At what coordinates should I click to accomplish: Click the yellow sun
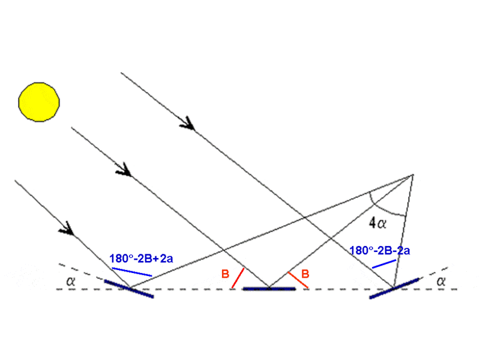(x=39, y=102)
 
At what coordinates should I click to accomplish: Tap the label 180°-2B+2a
(x=141, y=259)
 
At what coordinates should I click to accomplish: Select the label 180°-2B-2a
(x=379, y=251)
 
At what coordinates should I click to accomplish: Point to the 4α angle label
(x=377, y=223)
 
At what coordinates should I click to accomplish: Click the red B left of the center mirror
(x=226, y=274)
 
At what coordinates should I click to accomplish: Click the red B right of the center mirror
(x=305, y=274)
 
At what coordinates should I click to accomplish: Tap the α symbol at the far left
(x=71, y=281)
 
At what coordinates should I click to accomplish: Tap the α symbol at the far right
(x=441, y=281)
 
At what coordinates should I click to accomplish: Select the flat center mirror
(x=269, y=289)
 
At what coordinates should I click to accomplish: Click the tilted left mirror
(x=129, y=289)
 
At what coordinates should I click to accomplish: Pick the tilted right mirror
(x=394, y=288)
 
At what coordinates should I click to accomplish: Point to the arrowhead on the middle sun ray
(x=125, y=170)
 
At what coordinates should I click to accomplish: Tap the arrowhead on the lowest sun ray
(x=67, y=229)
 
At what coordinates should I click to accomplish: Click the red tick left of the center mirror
(x=238, y=278)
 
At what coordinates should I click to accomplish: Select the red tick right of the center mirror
(x=298, y=280)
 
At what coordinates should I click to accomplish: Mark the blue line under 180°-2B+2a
(x=132, y=272)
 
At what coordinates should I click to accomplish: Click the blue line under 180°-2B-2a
(x=384, y=264)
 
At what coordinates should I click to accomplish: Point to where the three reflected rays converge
(x=413, y=175)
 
